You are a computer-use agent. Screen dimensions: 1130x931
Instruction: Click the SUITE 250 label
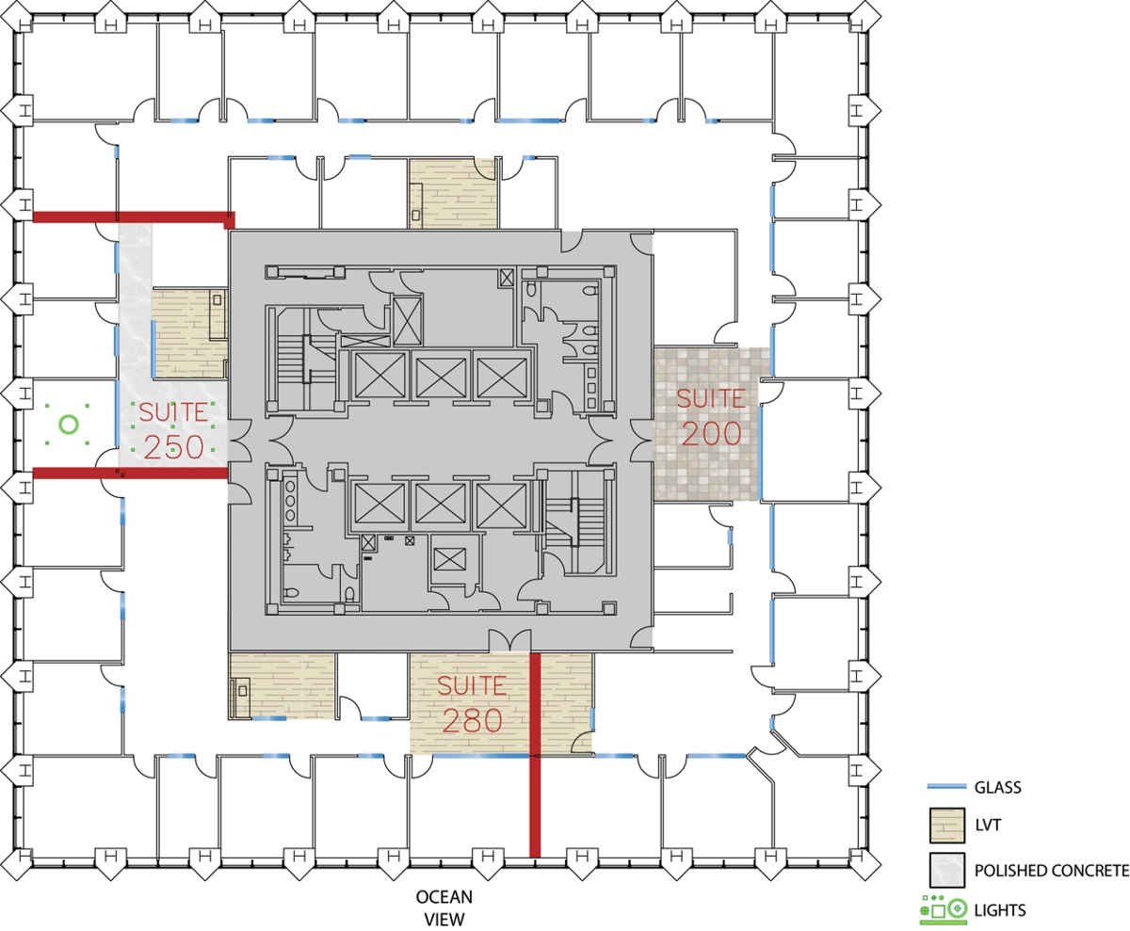click(172, 430)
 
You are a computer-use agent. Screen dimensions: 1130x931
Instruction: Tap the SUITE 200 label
click(711, 416)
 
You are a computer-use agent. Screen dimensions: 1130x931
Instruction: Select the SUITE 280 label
click(472, 704)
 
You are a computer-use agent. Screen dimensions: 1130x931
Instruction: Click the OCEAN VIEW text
click(444, 907)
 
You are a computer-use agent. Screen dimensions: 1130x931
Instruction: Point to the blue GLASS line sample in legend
click(946, 787)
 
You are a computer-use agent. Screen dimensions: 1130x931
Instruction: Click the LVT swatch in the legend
click(946, 826)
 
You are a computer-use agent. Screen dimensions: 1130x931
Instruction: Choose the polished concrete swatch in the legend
click(946, 870)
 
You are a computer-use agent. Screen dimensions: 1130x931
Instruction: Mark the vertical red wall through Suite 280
click(535, 755)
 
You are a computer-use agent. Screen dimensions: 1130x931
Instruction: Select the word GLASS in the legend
click(997, 787)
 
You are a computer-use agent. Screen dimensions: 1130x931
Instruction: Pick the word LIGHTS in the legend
click(999, 910)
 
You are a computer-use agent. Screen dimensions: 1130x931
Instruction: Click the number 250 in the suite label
click(173, 447)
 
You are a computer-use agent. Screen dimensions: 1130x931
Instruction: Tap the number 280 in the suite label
click(473, 720)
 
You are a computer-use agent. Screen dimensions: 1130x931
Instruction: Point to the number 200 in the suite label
click(711, 433)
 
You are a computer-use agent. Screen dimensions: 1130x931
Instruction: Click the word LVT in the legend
click(988, 825)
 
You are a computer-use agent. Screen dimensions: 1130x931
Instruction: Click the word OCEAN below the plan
click(444, 897)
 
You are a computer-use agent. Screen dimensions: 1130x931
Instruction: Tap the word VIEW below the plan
click(444, 919)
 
